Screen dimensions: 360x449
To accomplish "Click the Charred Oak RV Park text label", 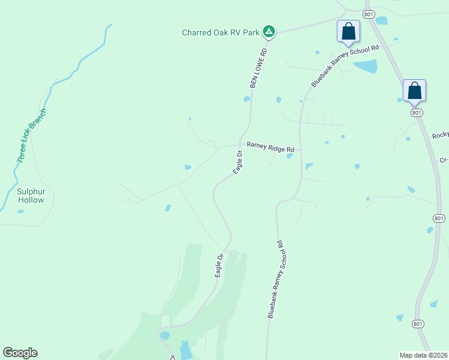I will tap(220, 32).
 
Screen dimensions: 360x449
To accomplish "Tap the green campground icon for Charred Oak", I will tap(270, 31).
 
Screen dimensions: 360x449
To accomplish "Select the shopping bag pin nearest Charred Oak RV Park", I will tap(348, 31).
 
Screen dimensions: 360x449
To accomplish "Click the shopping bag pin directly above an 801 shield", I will tap(414, 91).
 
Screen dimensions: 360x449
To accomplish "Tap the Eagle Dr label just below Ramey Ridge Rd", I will tap(238, 163).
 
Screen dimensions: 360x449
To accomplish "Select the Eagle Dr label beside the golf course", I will tap(219, 266).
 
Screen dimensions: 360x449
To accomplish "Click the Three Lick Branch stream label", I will tap(32, 136).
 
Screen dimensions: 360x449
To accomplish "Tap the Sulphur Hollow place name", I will tap(31, 196).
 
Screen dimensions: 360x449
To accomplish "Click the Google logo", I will tap(20, 353).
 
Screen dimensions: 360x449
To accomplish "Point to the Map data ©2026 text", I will tap(423, 355).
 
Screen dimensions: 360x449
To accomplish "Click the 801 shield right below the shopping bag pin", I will tap(415, 112).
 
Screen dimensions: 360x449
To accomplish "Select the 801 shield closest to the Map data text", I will tap(418, 324).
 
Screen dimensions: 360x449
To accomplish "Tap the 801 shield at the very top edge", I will tap(369, 13).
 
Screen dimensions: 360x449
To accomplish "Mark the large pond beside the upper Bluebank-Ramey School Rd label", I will tap(366, 66).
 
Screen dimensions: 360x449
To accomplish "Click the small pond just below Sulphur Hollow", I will tap(21, 211).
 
